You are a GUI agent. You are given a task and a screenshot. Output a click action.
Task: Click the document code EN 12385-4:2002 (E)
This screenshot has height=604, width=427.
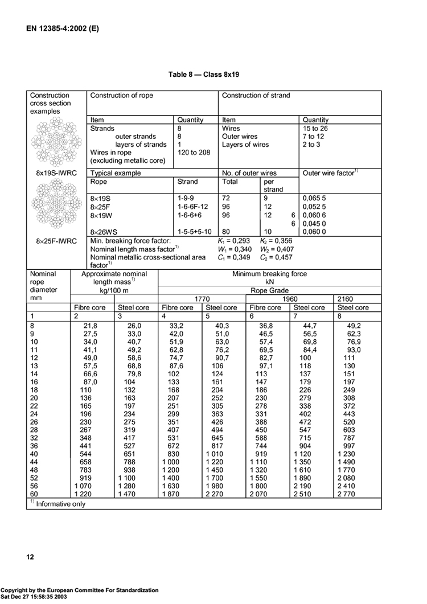click(63, 27)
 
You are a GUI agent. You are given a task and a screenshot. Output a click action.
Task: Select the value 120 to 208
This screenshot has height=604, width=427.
click(194, 153)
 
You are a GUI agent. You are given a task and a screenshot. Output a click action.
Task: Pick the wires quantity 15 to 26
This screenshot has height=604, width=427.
click(316, 129)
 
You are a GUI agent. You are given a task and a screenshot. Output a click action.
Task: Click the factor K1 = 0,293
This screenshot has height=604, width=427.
click(231, 241)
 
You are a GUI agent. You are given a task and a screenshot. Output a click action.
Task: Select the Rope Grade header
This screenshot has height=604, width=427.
click(269, 289)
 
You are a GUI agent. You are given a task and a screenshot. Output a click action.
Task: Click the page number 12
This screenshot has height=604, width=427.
click(30, 556)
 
